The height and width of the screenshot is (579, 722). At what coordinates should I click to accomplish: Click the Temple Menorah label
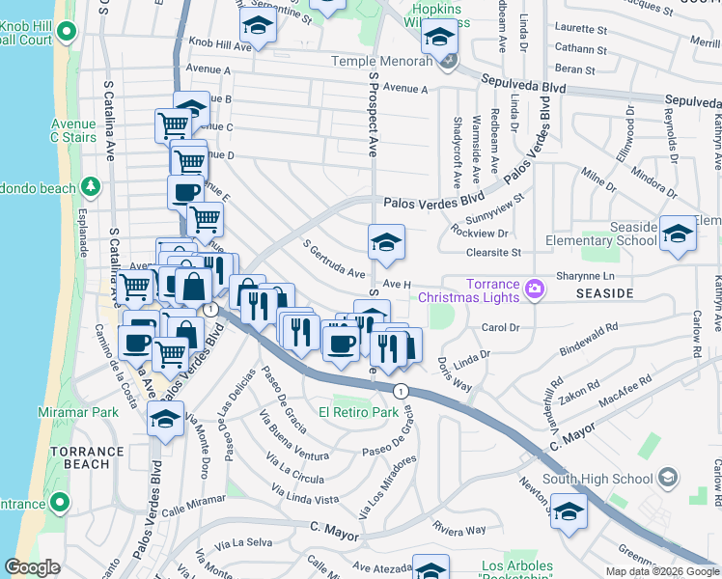coord(384,61)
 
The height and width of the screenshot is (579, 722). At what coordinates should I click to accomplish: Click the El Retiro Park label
coord(365,412)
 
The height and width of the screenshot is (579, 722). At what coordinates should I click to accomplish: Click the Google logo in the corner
coord(33,567)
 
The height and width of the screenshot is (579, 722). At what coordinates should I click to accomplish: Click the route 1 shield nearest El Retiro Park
coord(400,389)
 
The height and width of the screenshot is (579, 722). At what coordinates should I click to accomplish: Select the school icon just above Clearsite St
coord(386,242)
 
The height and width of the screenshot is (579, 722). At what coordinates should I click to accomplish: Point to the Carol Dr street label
coord(500,328)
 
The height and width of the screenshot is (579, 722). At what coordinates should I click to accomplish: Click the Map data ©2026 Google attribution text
coord(662,571)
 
